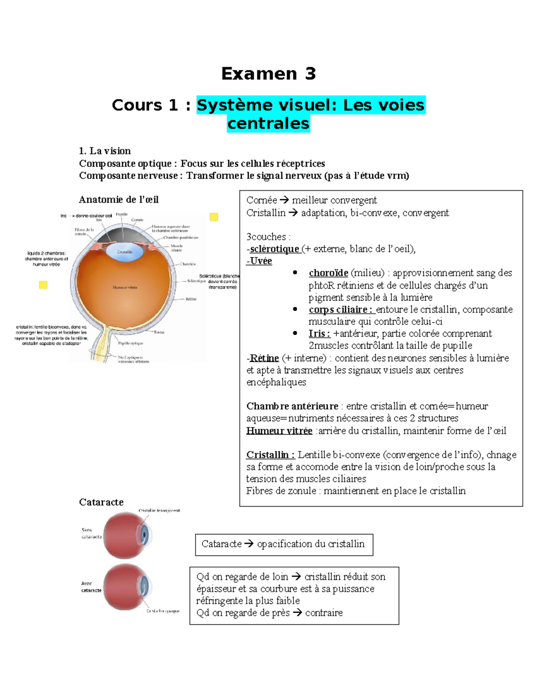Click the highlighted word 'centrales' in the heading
pos(268,124)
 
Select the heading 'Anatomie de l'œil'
pos(119,200)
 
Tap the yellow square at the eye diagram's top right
pos(214,217)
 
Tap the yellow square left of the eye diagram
pos(43,285)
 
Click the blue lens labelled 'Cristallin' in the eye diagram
pos(125,252)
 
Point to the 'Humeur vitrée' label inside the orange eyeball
pos(125,287)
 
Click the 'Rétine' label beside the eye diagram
pos(191,299)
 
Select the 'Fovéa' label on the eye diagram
pos(159,333)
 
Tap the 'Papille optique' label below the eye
pos(130,343)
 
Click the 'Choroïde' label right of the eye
pos(188,264)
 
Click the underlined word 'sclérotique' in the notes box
pos(274,249)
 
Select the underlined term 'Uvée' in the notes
pos(260,261)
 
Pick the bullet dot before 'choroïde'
pos(295,273)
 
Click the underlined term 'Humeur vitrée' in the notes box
pos(279,431)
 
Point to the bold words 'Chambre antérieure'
pos(292,406)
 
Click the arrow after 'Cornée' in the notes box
pos(284,200)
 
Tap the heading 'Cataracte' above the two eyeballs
pos(101,502)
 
